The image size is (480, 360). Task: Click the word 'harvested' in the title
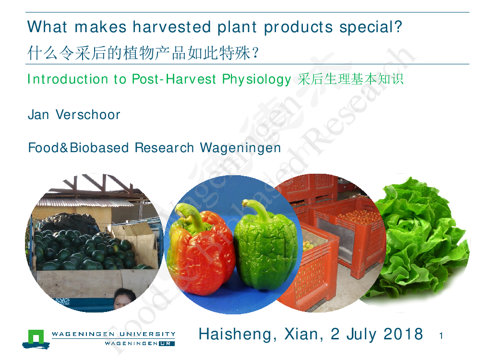pyautogui.click(x=172, y=27)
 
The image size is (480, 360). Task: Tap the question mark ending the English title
pyautogui.click(x=398, y=26)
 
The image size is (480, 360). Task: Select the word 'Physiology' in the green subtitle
pyautogui.click(x=256, y=80)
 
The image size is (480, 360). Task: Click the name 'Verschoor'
pyautogui.click(x=88, y=115)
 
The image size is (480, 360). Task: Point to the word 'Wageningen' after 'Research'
pyautogui.click(x=240, y=148)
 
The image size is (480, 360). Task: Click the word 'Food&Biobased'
pyautogui.click(x=78, y=147)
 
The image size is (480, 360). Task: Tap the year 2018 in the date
pyautogui.click(x=403, y=334)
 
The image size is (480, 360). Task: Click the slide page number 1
pyautogui.click(x=441, y=336)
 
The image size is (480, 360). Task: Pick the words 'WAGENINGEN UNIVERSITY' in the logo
pyautogui.click(x=114, y=334)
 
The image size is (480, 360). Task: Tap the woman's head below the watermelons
pyautogui.click(x=124, y=298)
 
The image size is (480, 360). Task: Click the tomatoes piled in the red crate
pyautogui.click(x=358, y=216)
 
